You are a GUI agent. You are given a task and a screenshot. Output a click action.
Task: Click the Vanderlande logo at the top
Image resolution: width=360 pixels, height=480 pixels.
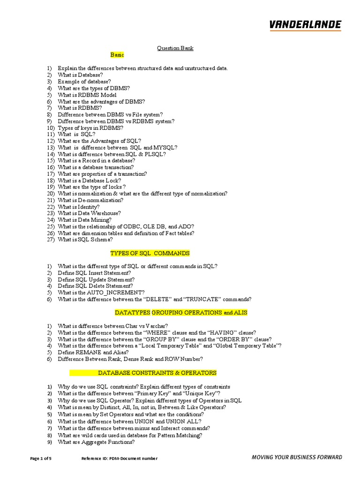pyautogui.click(x=305, y=25)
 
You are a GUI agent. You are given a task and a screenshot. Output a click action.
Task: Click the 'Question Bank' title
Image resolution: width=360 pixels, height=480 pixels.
pyautogui.click(x=174, y=48)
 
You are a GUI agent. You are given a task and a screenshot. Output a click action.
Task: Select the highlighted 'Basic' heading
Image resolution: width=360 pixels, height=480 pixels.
pyautogui.click(x=117, y=55)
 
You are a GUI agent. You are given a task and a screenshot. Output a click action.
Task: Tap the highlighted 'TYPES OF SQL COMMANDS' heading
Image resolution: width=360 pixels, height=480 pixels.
pyautogui.click(x=150, y=253)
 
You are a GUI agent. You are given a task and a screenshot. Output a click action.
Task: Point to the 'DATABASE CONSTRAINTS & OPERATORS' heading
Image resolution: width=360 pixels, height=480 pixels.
pyautogui.click(x=157, y=373)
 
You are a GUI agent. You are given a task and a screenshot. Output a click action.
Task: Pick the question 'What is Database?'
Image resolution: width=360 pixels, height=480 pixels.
pyautogui.click(x=80, y=75)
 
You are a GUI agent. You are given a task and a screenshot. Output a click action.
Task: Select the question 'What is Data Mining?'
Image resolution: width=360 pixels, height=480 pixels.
pyautogui.click(x=84, y=220)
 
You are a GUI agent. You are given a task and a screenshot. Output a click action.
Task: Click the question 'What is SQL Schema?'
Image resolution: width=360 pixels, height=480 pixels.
pyautogui.click(x=85, y=240)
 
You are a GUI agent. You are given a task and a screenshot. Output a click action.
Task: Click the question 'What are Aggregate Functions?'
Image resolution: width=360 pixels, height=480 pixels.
pyautogui.click(x=96, y=442)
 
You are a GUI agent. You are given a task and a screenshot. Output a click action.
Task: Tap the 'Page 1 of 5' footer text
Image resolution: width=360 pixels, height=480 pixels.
pyautogui.click(x=41, y=458)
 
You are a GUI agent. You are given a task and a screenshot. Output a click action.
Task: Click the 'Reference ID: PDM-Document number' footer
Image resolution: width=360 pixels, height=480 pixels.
pyautogui.click(x=120, y=458)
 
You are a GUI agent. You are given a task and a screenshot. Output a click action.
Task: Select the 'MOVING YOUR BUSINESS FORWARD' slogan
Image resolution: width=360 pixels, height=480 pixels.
pyautogui.click(x=297, y=457)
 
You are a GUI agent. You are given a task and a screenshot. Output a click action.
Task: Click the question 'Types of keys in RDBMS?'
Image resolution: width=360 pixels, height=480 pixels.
pyautogui.click(x=90, y=128)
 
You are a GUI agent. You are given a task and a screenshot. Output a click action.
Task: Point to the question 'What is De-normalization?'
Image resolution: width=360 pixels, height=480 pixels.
pyautogui.click(x=90, y=200)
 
